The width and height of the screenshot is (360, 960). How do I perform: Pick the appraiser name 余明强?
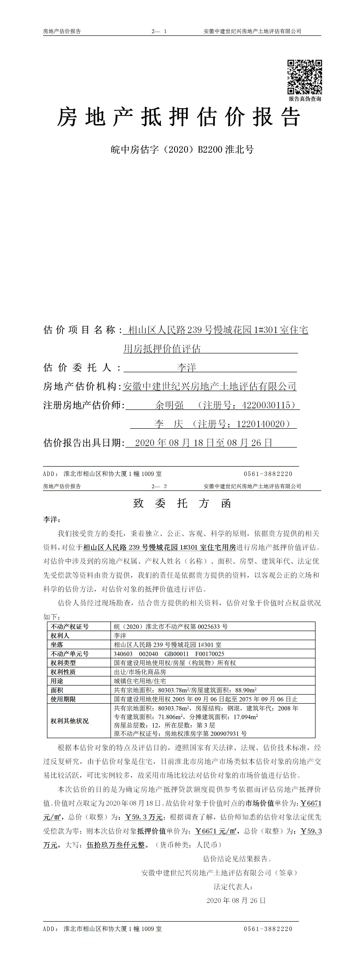170,405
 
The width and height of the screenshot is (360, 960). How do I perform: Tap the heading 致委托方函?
182,504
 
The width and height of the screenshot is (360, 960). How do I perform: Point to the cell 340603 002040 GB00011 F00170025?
169,654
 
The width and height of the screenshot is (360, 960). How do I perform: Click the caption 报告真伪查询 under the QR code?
304,99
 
